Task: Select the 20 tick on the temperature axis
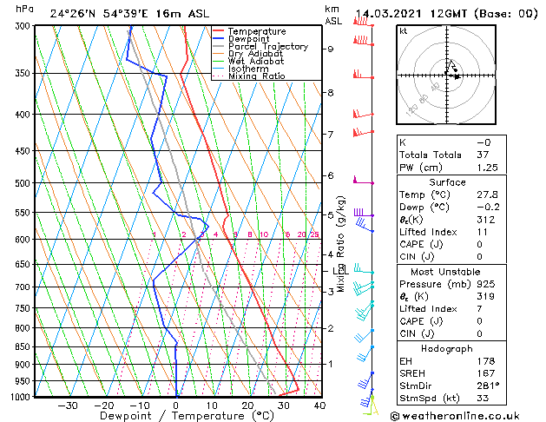coord(247,405)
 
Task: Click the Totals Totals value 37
coord(484,155)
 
